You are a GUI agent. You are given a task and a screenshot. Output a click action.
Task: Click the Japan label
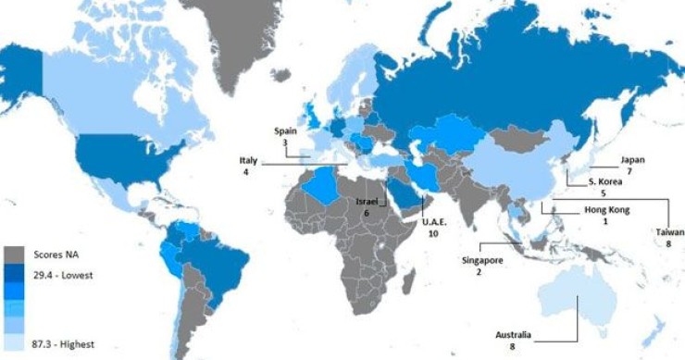point(633,160)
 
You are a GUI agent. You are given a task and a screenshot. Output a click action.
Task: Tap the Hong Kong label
point(607,210)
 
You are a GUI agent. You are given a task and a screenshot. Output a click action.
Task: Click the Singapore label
point(481,261)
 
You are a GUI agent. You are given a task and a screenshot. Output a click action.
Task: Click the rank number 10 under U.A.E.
point(433,234)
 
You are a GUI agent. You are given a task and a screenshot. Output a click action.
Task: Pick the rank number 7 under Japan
point(629,172)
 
